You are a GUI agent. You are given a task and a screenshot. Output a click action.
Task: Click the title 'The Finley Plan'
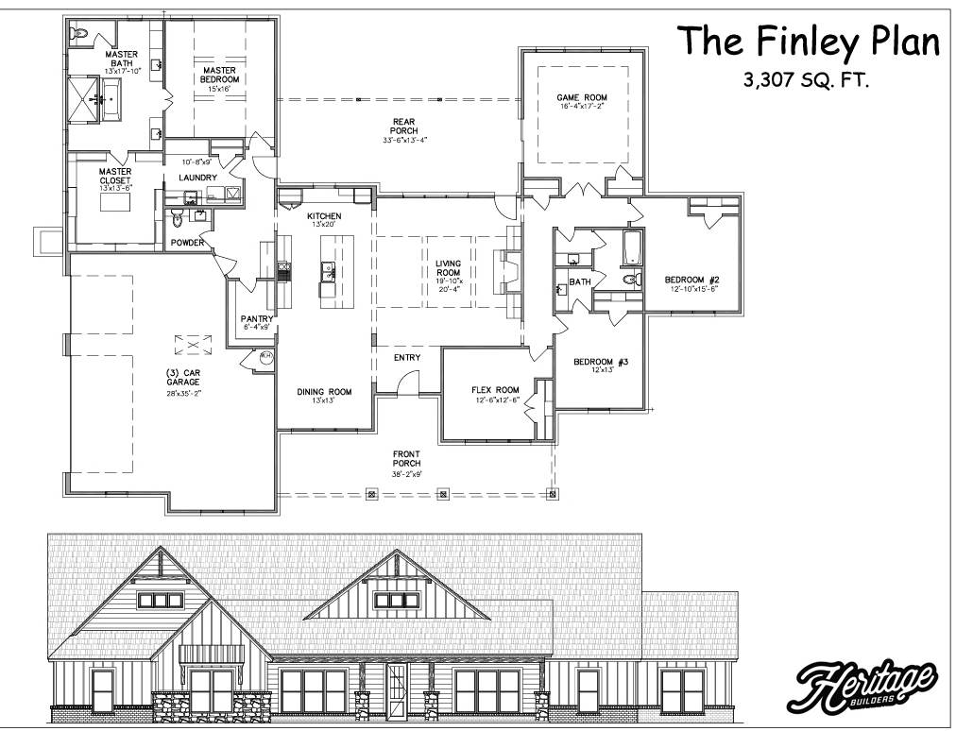click(x=809, y=42)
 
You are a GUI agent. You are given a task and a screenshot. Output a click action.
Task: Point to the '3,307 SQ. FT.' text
click(x=806, y=81)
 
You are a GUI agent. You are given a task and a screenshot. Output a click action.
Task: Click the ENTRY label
click(x=407, y=358)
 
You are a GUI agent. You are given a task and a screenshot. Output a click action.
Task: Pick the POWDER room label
click(x=187, y=243)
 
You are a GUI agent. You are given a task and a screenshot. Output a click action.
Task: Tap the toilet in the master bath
click(x=80, y=33)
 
